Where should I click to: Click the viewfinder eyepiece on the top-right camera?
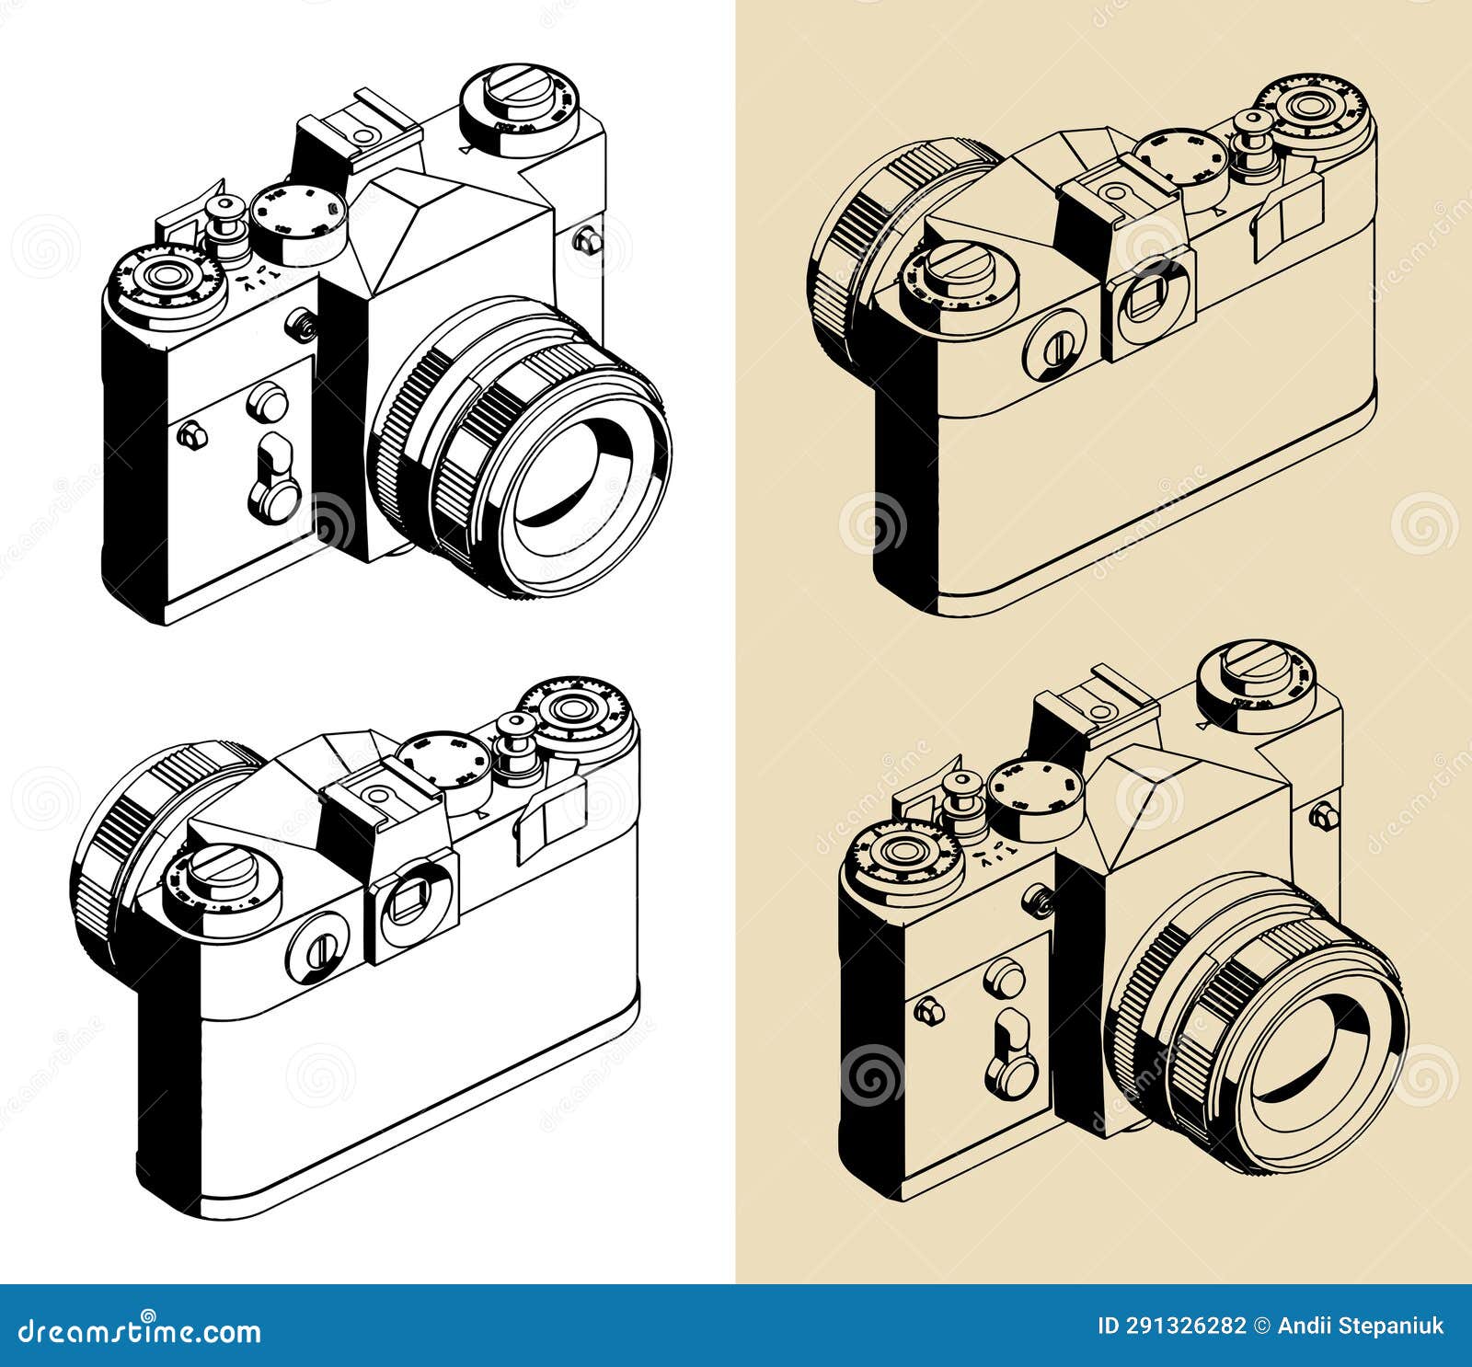click(x=1152, y=292)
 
